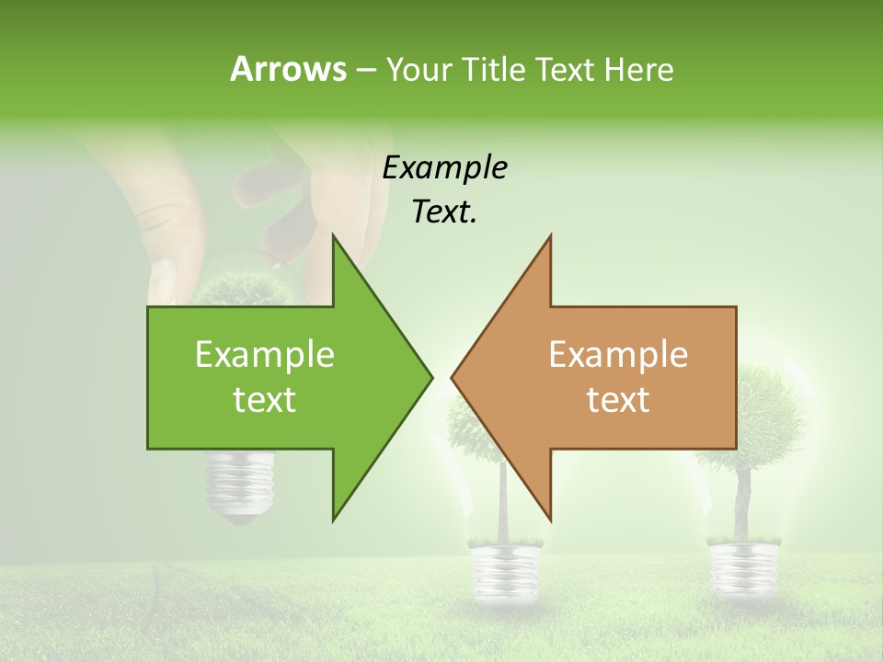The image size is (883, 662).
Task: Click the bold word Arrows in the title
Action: click(288, 69)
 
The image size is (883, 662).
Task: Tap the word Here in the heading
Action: click(638, 69)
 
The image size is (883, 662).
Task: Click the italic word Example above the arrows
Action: click(444, 168)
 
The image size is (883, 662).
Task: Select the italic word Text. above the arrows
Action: click(444, 212)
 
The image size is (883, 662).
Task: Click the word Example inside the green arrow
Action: click(265, 355)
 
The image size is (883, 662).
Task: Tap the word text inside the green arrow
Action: click(265, 400)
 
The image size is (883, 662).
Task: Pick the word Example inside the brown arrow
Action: click(618, 355)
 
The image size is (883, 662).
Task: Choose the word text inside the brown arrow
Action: click(618, 400)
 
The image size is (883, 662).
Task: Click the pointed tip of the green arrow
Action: click(430, 377)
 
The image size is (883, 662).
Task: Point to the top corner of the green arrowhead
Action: click(334, 236)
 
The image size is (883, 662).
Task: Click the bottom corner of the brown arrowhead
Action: click(550, 519)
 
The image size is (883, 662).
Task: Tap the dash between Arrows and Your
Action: click(365, 70)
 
